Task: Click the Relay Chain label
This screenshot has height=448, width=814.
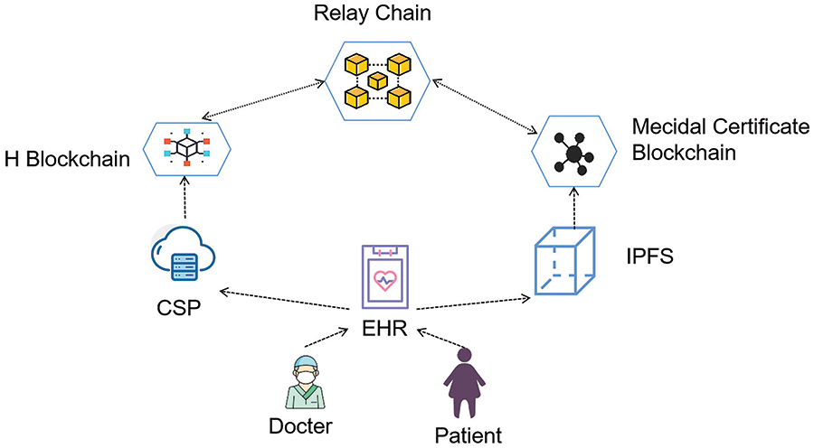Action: click(x=373, y=13)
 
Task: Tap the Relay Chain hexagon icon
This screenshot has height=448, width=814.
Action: click(x=377, y=81)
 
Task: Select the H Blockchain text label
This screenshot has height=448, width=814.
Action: click(x=67, y=159)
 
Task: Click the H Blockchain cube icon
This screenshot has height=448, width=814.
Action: click(x=187, y=147)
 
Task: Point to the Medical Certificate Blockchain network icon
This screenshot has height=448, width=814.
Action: click(x=573, y=154)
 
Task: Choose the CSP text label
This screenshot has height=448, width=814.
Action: click(x=178, y=307)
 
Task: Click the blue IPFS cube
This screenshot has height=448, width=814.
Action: click(x=564, y=261)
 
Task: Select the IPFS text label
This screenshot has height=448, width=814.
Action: click(x=649, y=257)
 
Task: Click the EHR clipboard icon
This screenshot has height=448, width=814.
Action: click(x=384, y=277)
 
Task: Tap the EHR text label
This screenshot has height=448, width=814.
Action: click(x=384, y=328)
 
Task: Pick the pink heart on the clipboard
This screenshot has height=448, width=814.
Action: click(x=384, y=281)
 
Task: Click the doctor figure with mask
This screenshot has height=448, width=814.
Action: click(x=305, y=382)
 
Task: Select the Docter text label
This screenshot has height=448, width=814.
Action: click(x=300, y=426)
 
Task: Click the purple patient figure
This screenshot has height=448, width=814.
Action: click(x=464, y=383)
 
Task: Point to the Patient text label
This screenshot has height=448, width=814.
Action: click(x=469, y=435)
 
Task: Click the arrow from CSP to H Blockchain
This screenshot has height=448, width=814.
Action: click(x=185, y=197)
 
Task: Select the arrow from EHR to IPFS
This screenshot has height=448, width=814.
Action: click(x=473, y=303)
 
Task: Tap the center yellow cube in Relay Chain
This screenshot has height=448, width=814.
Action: click(x=377, y=80)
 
